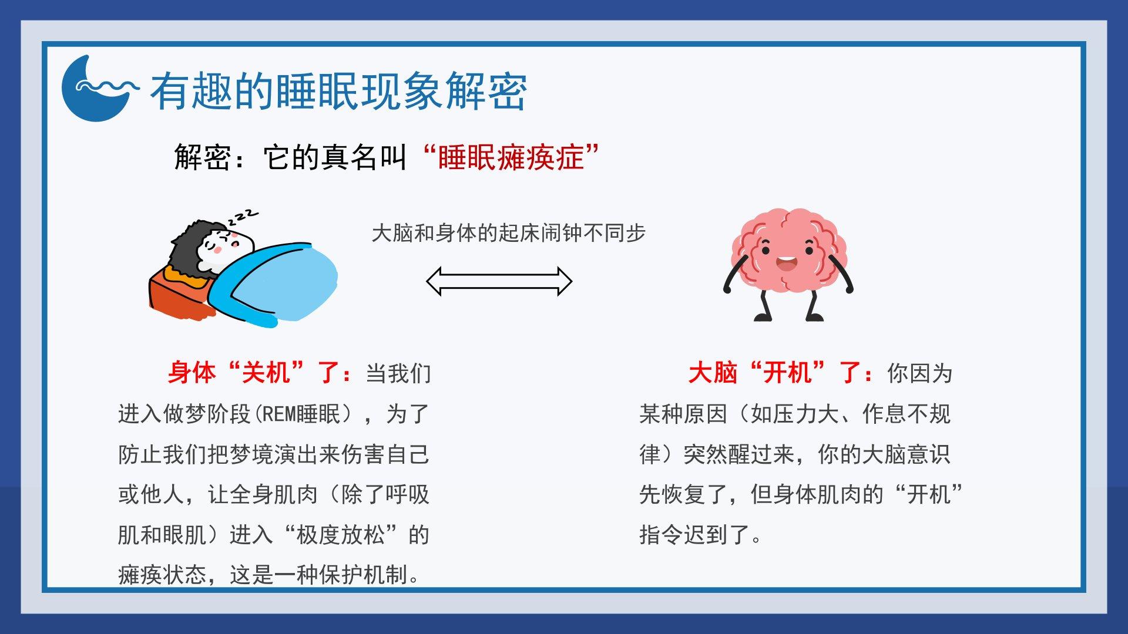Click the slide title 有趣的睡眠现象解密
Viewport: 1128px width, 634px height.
(x=338, y=92)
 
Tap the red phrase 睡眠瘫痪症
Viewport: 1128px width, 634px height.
(x=511, y=157)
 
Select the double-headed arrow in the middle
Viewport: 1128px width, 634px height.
(x=499, y=282)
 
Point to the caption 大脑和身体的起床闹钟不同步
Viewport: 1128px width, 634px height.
(x=509, y=233)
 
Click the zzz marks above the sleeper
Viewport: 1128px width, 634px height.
(x=243, y=217)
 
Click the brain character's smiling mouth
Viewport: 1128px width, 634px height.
(x=786, y=263)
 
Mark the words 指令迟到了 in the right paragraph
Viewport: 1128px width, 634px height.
(x=695, y=535)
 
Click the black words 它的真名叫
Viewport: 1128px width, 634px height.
(x=335, y=157)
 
